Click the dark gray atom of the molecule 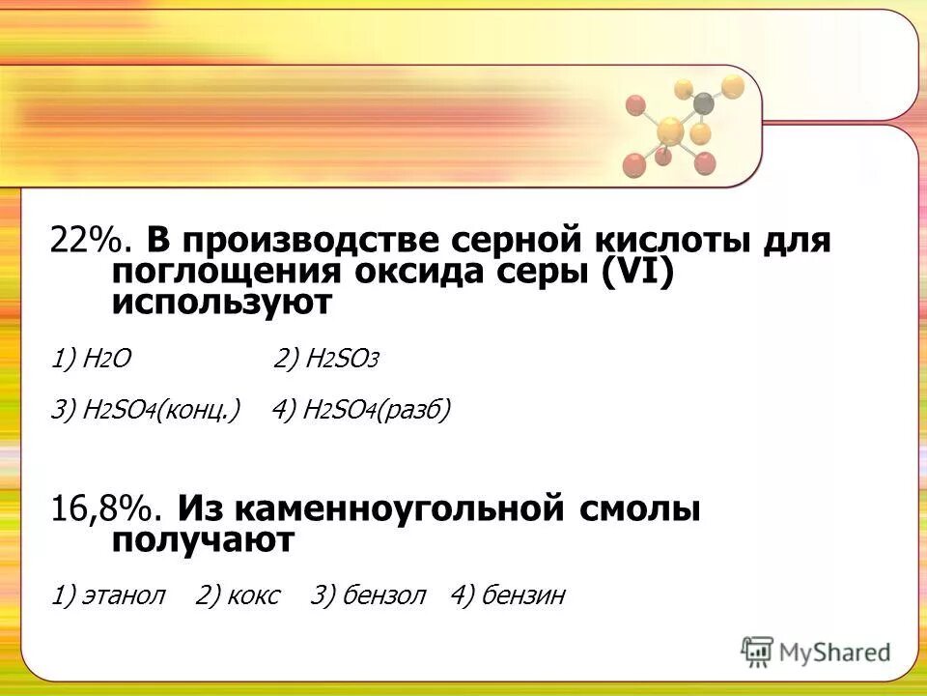point(704,101)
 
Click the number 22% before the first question point(84,239)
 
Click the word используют point(221,304)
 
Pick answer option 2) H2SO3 point(326,360)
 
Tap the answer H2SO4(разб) point(361,410)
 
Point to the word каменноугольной point(374,508)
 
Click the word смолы point(642,508)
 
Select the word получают point(202,540)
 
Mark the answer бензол point(368,595)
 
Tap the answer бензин point(508,595)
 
